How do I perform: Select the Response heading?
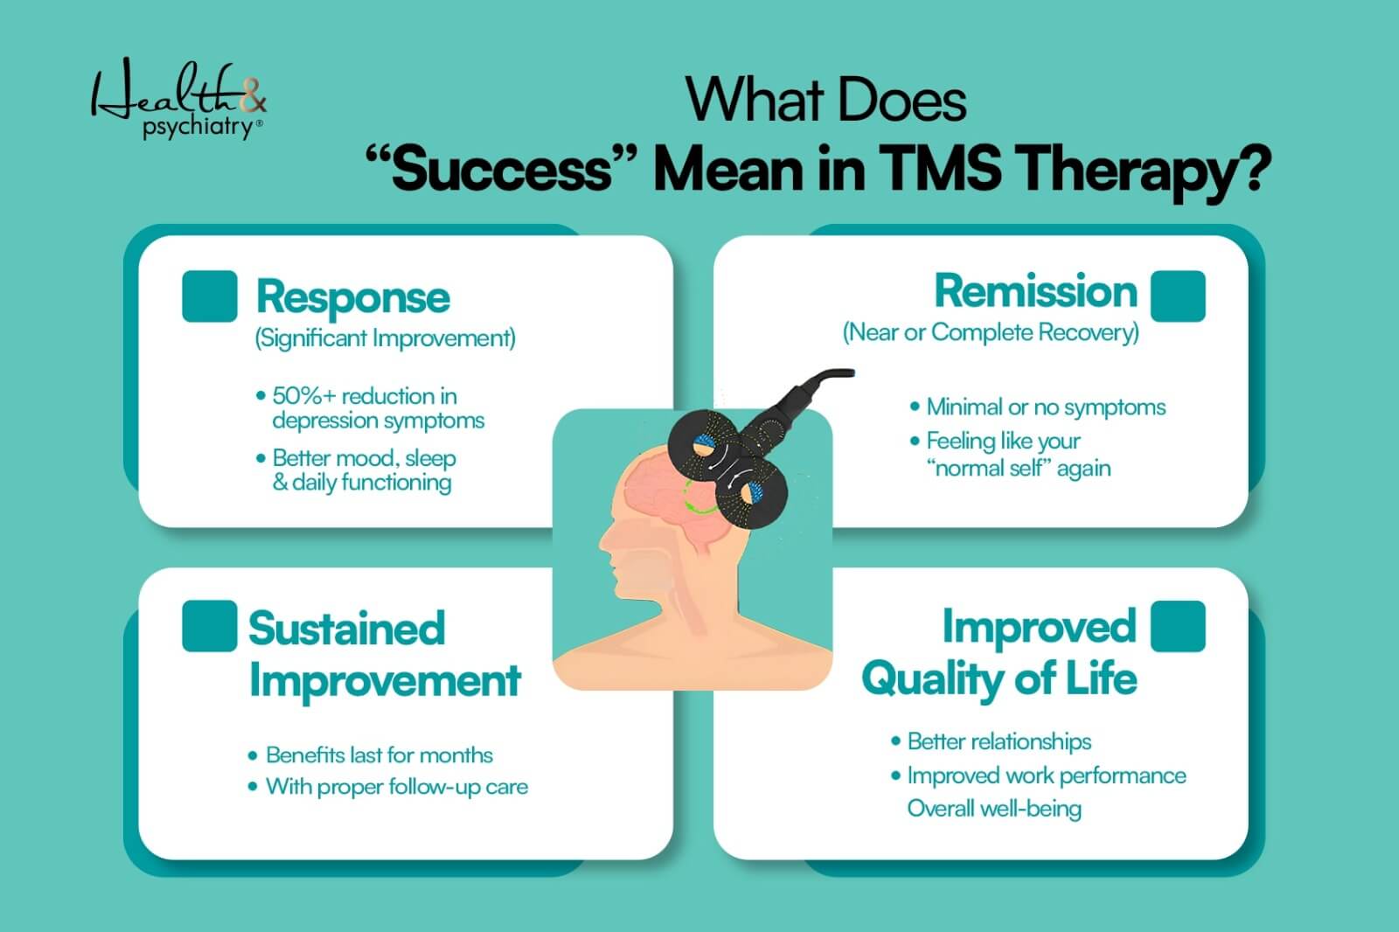point(352,297)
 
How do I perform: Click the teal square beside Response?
point(210,296)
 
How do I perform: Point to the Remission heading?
point(1035,291)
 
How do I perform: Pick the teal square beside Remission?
point(1178,296)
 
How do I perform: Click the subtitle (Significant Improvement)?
point(385,338)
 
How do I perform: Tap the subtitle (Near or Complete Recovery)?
point(991,332)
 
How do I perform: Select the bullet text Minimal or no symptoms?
point(1046,407)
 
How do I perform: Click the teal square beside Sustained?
point(209,626)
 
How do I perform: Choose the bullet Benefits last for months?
point(379,755)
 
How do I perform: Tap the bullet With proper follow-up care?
point(396,787)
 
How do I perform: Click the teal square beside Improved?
point(1178,626)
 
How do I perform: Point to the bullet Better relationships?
point(999,741)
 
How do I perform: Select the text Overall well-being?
point(994,808)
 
